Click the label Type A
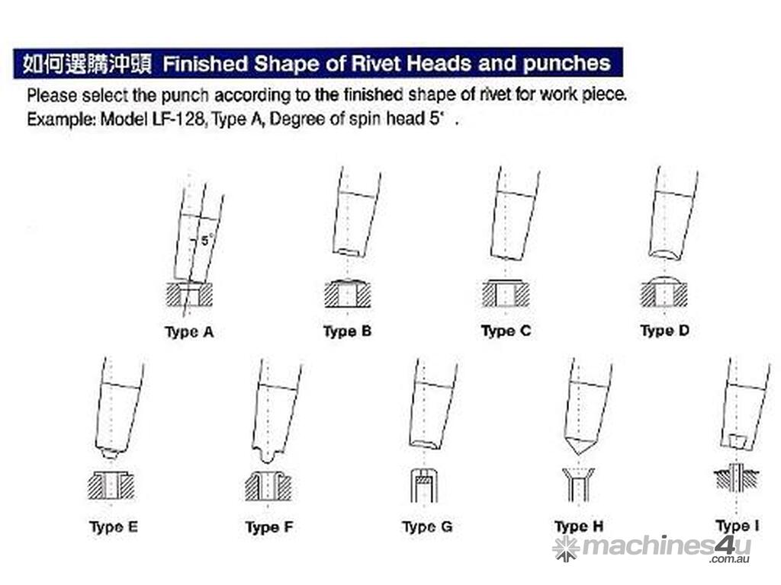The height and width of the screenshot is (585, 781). [189, 332]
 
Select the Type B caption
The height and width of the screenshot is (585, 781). [347, 332]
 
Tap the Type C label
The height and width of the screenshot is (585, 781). [506, 331]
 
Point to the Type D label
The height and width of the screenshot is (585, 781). [665, 331]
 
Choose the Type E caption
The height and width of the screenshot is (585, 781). [114, 527]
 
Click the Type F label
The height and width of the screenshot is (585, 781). [269, 527]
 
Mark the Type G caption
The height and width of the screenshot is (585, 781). [427, 526]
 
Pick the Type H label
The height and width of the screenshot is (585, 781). [579, 526]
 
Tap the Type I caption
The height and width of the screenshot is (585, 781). [738, 526]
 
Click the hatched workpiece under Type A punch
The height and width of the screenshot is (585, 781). [189, 294]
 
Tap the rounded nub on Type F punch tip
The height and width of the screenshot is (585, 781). [268, 456]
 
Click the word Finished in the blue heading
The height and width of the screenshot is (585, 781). [205, 64]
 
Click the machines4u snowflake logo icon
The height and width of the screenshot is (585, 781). [566, 548]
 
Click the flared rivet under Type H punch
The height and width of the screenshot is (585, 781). [578, 484]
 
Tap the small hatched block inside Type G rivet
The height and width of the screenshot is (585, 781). [423, 481]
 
